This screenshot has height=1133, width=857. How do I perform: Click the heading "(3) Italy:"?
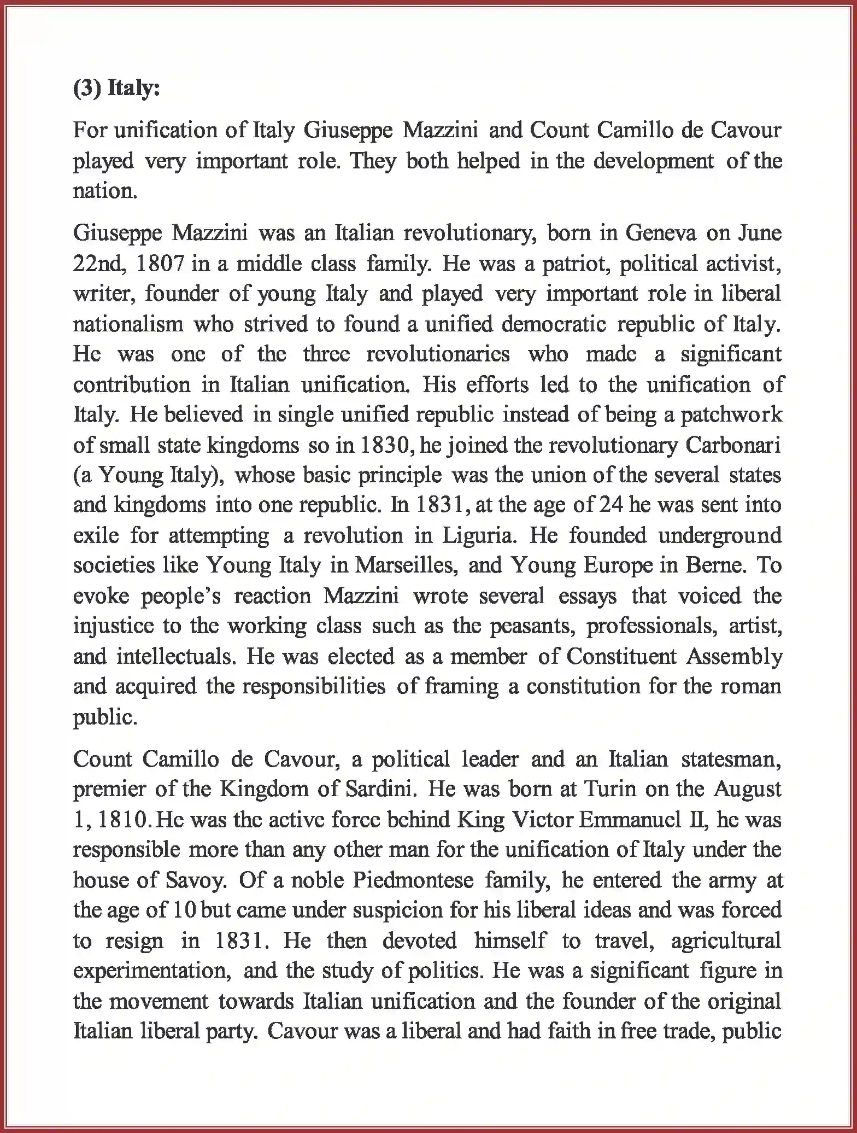pyautogui.click(x=116, y=88)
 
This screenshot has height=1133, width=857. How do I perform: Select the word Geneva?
pyautogui.click(x=660, y=233)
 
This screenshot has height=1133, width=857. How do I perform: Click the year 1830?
pyautogui.click(x=383, y=445)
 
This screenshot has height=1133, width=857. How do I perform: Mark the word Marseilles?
pyautogui.click(x=406, y=565)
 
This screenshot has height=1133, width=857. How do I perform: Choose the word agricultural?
pyautogui.click(x=726, y=941)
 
